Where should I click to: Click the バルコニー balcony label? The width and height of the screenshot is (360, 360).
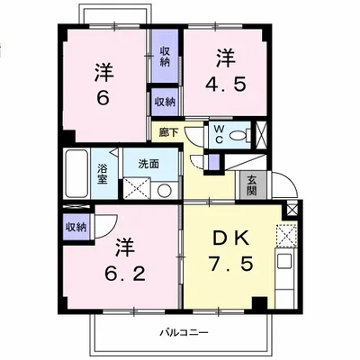point(184,332)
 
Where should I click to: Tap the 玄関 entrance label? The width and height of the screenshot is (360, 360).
point(252,185)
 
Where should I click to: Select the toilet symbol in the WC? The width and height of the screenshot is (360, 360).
point(239,135)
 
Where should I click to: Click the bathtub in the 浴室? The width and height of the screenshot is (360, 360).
point(76,174)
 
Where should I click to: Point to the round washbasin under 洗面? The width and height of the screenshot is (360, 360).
point(165,191)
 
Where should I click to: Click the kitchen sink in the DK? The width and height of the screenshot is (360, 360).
point(284,262)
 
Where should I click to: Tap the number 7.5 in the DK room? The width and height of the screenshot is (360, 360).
point(230,265)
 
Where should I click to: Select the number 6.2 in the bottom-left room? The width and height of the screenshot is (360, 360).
point(125,273)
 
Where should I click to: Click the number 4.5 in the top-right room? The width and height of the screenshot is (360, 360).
point(226,84)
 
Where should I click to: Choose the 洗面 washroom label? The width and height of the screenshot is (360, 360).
point(148,164)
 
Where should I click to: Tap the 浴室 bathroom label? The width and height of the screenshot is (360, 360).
point(103,175)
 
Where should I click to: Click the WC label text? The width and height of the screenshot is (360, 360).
point(219,135)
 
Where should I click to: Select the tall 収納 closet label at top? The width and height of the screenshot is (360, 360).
point(165,57)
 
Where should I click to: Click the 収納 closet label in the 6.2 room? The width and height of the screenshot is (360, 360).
point(76,227)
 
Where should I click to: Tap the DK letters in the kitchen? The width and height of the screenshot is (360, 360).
point(230,238)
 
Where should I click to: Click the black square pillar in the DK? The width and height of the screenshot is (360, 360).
point(259,303)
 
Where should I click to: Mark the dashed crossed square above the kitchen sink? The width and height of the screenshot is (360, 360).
point(286,235)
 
